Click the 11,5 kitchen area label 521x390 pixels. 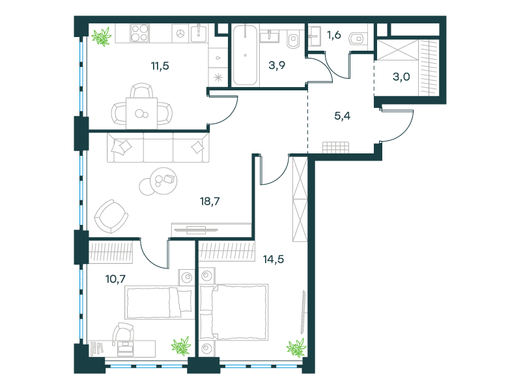click(160, 66)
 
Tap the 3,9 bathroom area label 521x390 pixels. click(277, 66)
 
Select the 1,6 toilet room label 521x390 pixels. click(334, 34)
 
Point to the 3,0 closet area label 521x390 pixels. click(401, 77)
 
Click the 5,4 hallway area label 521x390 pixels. click(343, 116)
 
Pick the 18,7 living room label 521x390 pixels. click(210, 201)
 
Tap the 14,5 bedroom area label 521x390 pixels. click(274, 259)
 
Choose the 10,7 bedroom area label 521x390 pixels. click(116, 279)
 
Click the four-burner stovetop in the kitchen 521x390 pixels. click(139, 33)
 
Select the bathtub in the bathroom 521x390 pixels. click(246, 55)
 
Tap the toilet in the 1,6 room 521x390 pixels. click(357, 39)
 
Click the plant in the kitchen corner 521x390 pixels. click(102, 36)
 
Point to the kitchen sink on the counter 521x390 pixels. click(199, 33)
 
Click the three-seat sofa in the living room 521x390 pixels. click(158, 148)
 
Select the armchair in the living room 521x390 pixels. click(111, 216)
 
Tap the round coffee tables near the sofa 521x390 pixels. click(158, 181)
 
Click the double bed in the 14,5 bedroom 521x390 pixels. click(234, 312)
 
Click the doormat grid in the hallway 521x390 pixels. click(335, 148)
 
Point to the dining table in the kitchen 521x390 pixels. click(141, 113)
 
